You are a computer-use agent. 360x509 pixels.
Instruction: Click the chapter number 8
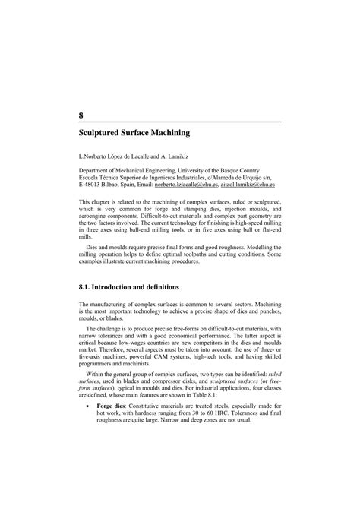[81, 115]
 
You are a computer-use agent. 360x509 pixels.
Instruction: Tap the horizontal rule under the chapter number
[180, 122]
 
